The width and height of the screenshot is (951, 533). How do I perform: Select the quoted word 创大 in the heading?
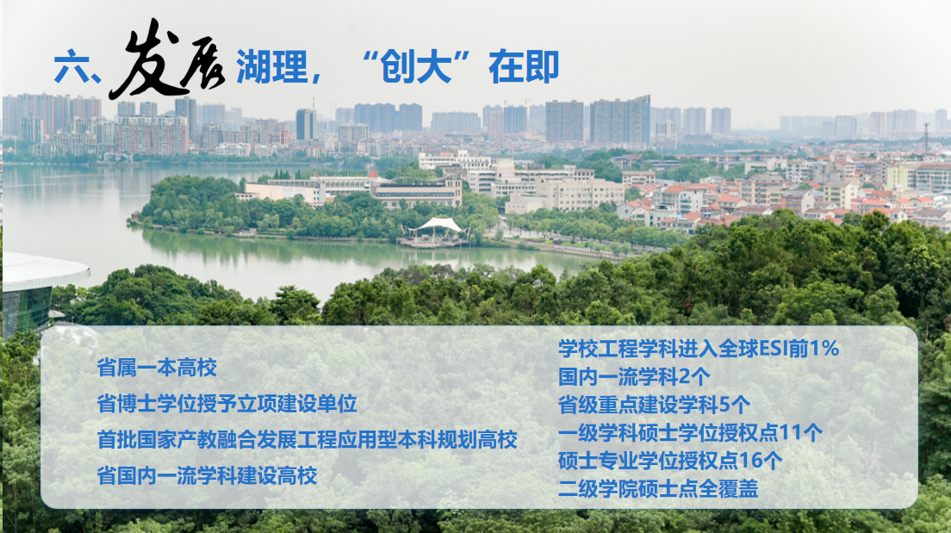pos(417,66)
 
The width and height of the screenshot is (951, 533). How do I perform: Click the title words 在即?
pos(524,66)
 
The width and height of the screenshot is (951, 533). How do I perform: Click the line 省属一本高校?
pos(157,368)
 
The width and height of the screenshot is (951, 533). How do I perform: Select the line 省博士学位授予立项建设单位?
pos(227,404)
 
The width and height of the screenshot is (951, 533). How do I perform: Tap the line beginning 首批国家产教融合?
pos(307,440)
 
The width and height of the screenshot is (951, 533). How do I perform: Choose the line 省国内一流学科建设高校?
pos(207,476)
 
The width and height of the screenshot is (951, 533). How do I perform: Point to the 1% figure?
pos(824,349)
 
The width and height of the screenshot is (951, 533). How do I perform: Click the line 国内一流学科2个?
pos(634,376)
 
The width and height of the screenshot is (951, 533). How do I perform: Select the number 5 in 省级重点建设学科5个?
pos(724,405)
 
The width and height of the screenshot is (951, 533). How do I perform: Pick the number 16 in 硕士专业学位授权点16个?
pos(750,461)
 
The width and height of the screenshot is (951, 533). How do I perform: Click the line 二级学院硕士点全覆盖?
pos(658,489)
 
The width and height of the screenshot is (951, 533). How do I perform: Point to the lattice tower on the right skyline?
pos(926,137)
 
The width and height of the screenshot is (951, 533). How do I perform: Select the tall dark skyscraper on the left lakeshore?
pos(307,124)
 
